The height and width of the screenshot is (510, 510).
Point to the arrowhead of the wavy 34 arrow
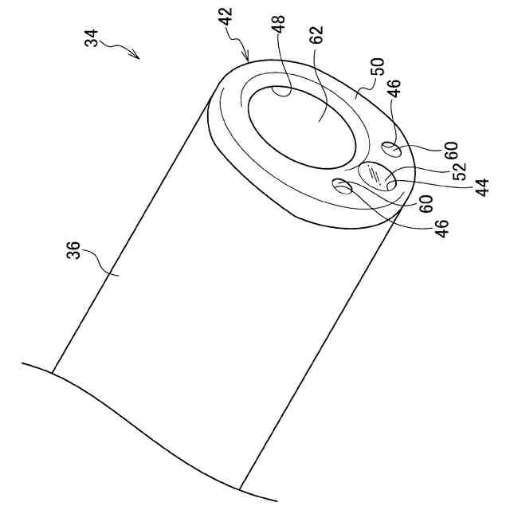(x=137, y=57)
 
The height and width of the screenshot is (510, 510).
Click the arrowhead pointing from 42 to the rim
(x=250, y=61)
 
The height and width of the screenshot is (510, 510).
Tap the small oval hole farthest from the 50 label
(x=343, y=186)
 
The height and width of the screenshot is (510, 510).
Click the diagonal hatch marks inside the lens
(x=374, y=173)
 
